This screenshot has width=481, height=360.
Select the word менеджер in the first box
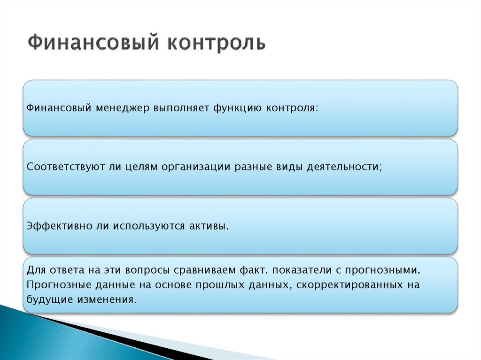click(x=121, y=108)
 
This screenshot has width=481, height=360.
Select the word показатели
click(x=300, y=271)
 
